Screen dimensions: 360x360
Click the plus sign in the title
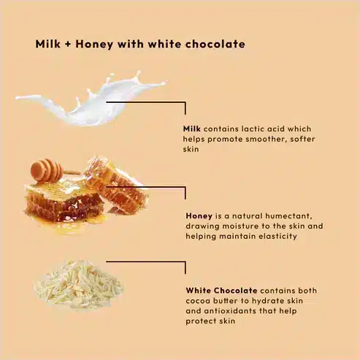click(68, 45)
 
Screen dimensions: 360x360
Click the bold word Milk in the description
click(192, 129)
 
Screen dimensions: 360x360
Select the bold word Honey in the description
click(199, 216)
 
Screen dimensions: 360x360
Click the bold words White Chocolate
click(221, 291)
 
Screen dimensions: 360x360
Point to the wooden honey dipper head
click(46, 169)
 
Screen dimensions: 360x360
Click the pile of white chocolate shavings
click(78, 285)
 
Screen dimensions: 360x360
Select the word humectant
click(288, 216)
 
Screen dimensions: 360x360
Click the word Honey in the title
click(94, 45)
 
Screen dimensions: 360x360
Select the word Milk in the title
click(47, 44)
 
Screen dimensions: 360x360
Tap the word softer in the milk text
click(302, 139)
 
